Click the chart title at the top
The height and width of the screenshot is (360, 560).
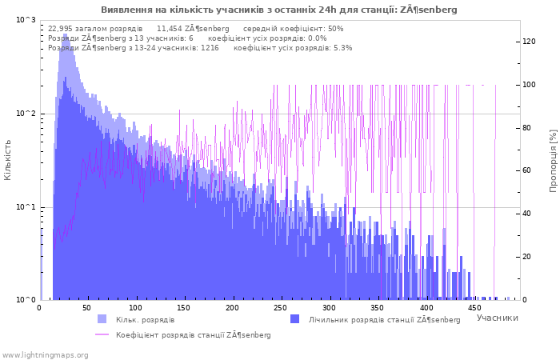[279, 10]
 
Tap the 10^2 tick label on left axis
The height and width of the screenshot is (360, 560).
[26, 114]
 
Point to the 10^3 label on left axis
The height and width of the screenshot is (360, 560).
[26, 20]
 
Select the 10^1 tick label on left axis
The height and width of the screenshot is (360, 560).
[26, 207]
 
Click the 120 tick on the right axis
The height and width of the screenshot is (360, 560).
[529, 42]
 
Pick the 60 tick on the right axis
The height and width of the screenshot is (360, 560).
[526, 170]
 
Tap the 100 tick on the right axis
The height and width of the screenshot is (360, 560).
[529, 85]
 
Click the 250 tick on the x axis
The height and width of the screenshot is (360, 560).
[280, 308]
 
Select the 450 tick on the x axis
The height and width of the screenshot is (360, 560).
[474, 308]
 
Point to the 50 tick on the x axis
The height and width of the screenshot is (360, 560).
[86, 308]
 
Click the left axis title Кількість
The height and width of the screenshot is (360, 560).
[7, 160]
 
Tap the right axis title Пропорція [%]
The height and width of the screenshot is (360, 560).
[553, 161]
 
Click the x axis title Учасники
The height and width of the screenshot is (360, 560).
[497, 318]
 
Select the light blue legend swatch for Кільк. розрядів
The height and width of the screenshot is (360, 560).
[102, 319]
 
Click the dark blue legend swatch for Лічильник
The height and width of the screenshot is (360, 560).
[294, 319]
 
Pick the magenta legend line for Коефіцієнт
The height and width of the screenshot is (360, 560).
[102, 334]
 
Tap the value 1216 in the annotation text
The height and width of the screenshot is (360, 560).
[210, 48]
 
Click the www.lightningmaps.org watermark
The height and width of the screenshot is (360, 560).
[44, 355]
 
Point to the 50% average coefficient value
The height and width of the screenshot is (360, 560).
[336, 29]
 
